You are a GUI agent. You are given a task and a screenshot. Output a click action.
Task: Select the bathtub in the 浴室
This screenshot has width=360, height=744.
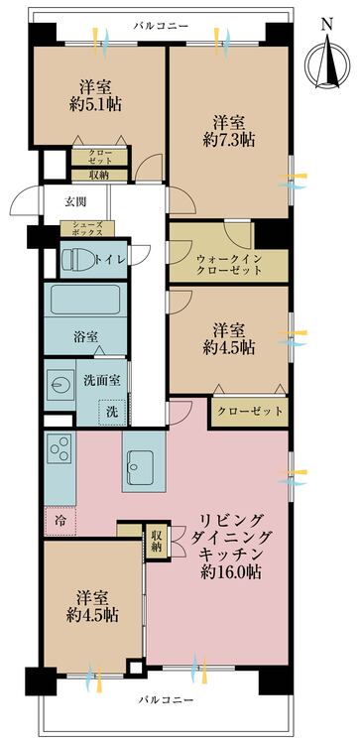[85, 300]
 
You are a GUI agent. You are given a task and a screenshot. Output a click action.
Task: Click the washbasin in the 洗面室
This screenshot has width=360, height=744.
[60, 385]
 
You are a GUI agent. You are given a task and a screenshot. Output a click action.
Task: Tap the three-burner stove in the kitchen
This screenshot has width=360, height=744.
[60, 448]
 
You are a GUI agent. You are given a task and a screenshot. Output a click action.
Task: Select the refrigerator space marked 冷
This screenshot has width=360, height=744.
[60, 521]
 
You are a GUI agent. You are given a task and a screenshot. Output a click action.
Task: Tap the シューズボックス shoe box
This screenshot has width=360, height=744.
[87, 229]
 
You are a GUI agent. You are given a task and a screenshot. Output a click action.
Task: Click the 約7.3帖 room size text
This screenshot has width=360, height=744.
[229, 140]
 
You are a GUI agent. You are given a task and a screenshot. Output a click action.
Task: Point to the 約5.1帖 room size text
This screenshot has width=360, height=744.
[95, 103]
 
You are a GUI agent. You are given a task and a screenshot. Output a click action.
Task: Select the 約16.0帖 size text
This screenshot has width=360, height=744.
[230, 571]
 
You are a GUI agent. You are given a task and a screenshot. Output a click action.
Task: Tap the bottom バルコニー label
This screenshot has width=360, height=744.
[166, 700]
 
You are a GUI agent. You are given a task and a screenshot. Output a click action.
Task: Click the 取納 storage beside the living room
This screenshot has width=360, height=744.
[157, 541]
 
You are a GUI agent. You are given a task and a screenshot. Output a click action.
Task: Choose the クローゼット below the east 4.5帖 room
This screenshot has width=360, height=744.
[250, 412]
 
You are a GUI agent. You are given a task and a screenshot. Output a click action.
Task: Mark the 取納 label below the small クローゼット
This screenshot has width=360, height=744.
[99, 175]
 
